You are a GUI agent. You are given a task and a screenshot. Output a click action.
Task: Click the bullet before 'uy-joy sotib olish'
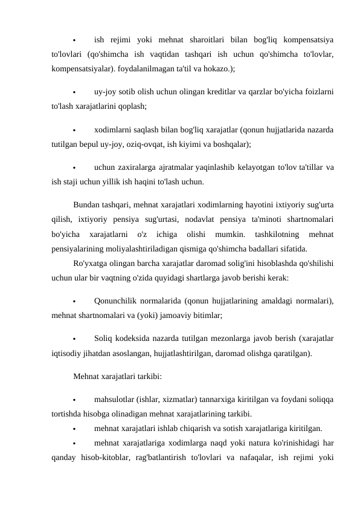click(x=73, y=92)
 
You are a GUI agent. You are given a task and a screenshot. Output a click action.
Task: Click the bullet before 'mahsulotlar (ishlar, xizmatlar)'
click(x=73, y=400)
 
